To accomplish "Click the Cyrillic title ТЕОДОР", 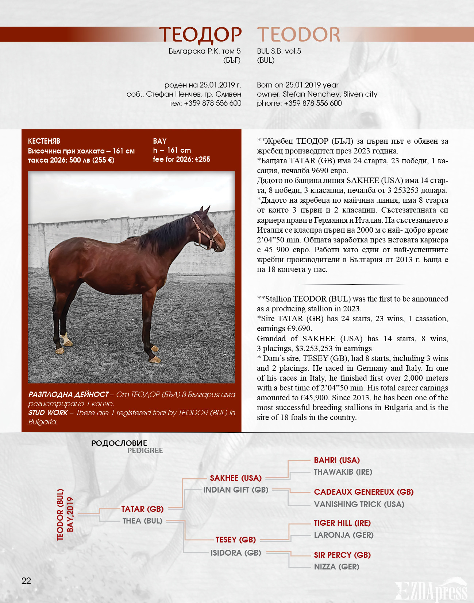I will [200, 35].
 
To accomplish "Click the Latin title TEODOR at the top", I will [298, 35].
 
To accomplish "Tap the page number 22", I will [26, 581].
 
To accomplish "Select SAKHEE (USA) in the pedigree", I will [236, 478].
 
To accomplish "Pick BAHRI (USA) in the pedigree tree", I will [337, 460].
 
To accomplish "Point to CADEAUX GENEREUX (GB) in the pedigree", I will [363, 492].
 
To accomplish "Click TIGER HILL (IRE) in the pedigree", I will [342, 523].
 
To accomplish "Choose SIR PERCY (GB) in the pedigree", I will [342, 555].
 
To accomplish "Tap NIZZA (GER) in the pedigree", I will [336, 567].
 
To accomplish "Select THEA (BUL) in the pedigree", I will [142, 521].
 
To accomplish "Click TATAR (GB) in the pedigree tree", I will [142, 509].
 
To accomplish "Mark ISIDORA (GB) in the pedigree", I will [236, 553].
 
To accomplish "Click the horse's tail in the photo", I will [53, 281].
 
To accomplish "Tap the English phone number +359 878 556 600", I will [313, 103].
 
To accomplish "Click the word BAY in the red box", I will [160, 141].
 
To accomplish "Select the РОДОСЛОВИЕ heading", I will [119, 443].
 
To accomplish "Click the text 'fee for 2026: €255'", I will [181, 159].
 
